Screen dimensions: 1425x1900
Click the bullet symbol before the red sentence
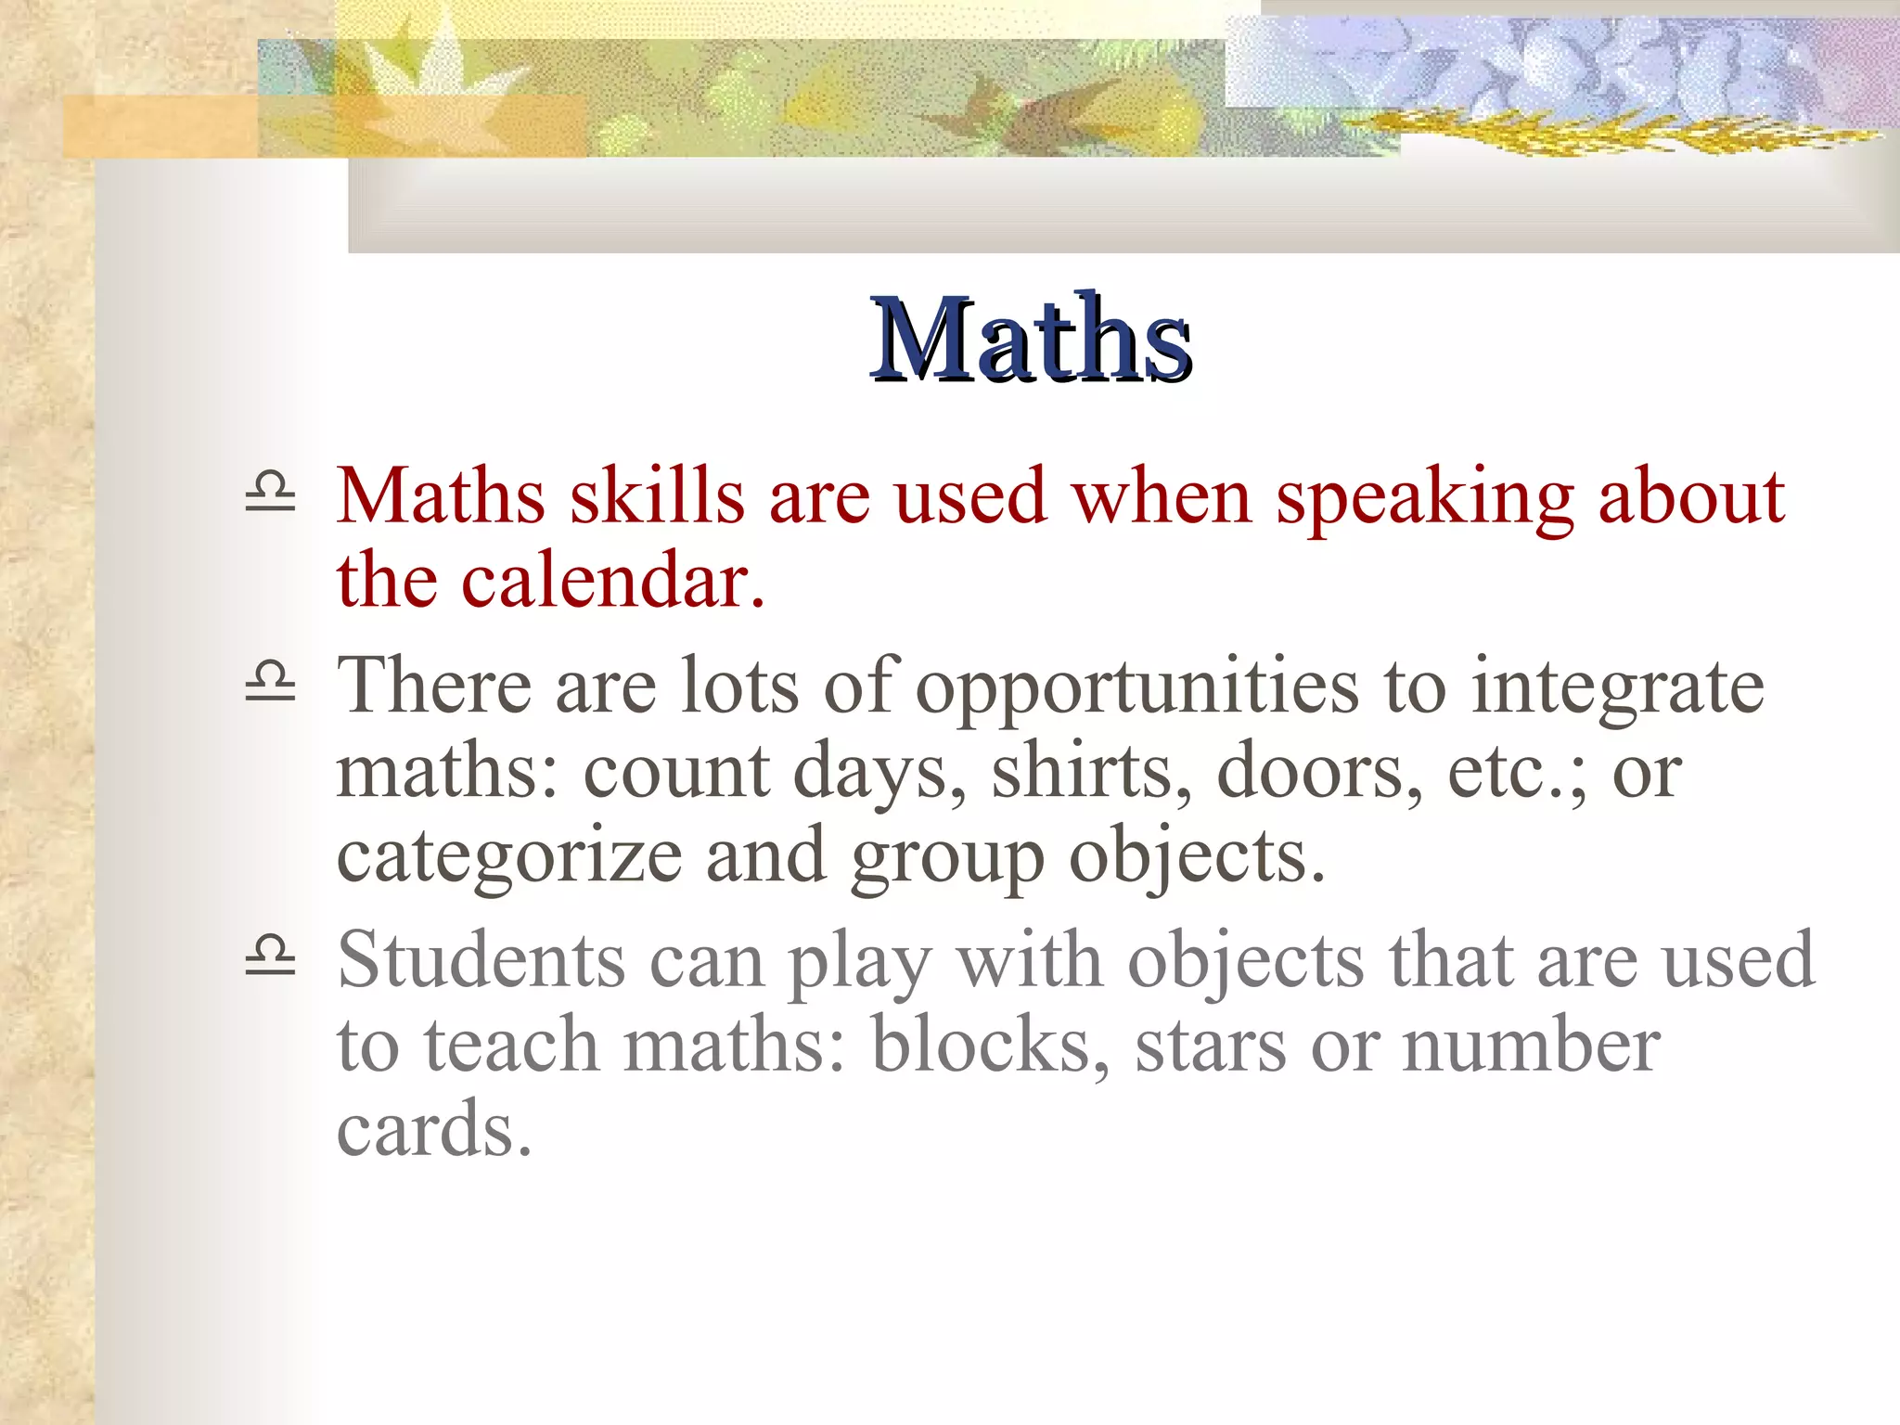270,493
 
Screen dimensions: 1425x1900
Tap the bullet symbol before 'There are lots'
270,681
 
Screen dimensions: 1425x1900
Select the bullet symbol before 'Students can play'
270,956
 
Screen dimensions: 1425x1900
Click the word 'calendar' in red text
612,581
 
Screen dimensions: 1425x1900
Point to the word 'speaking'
1424,498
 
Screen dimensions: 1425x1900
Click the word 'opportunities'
1136,687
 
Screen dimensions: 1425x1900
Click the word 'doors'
1317,771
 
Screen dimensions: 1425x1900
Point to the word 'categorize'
509,856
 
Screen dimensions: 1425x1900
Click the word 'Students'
481,959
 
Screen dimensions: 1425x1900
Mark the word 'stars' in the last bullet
1210,1045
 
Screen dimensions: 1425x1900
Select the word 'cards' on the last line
433,1129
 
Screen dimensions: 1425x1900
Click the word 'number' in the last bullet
1530,1045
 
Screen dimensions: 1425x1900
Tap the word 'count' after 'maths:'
675,771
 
